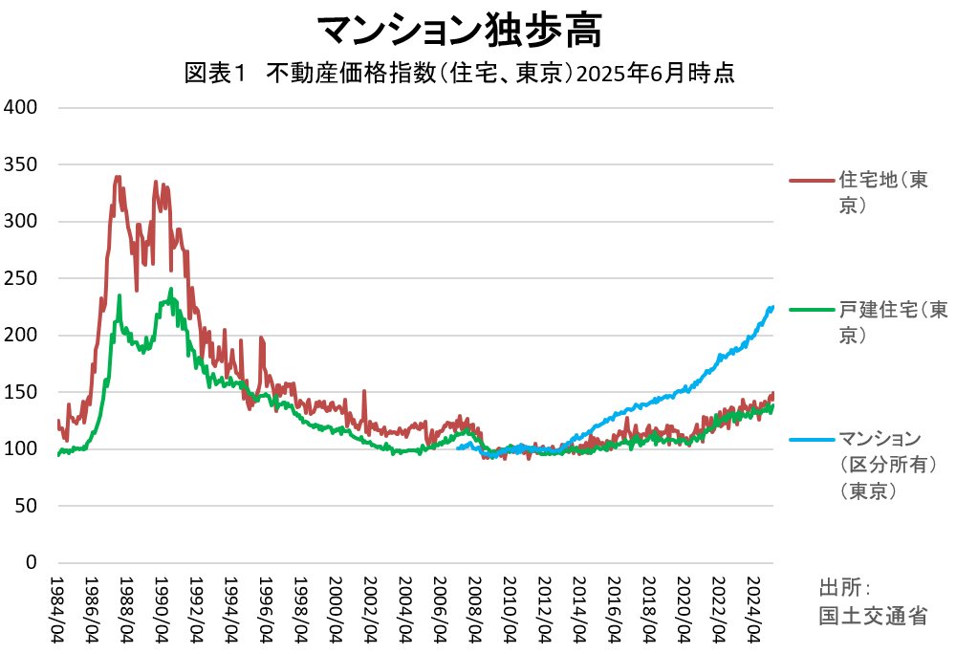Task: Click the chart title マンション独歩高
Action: pos(459,31)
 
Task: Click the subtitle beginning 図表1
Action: pos(459,75)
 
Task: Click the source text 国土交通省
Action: pos(873,616)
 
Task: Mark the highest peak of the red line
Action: pos(118,177)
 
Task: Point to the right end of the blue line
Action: pos(771,307)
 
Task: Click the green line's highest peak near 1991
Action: pos(171,289)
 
